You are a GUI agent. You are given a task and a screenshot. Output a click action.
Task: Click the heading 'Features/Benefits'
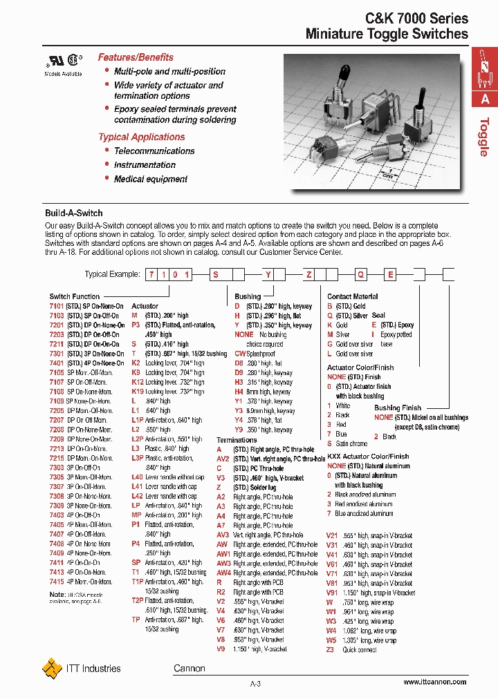pos(136,57)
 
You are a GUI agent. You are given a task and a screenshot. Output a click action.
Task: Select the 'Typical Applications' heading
pos(141,137)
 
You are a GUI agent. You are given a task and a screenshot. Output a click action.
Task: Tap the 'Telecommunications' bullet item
pos(154,151)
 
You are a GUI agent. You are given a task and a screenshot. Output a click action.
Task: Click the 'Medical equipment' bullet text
pos(151,179)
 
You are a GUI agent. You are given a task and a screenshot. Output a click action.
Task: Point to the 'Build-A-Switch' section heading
pos(74,213)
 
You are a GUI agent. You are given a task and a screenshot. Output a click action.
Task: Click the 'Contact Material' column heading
pos(352,296)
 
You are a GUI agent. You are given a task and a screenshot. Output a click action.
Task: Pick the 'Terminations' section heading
pos(237,439)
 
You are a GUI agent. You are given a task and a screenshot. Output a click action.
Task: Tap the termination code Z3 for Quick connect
pos(330,650)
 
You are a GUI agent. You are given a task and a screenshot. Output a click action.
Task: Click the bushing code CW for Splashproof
pos(240,353)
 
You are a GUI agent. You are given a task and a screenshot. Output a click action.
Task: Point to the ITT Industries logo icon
pos(52,669)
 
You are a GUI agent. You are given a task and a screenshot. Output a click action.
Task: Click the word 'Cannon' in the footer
pos(189,669)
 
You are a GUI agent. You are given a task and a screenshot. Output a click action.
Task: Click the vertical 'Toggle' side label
pos(485,137)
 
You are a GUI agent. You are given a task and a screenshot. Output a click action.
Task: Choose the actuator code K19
pos(137,391)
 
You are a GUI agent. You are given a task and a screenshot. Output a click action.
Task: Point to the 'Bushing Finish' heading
pos(397,408)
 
